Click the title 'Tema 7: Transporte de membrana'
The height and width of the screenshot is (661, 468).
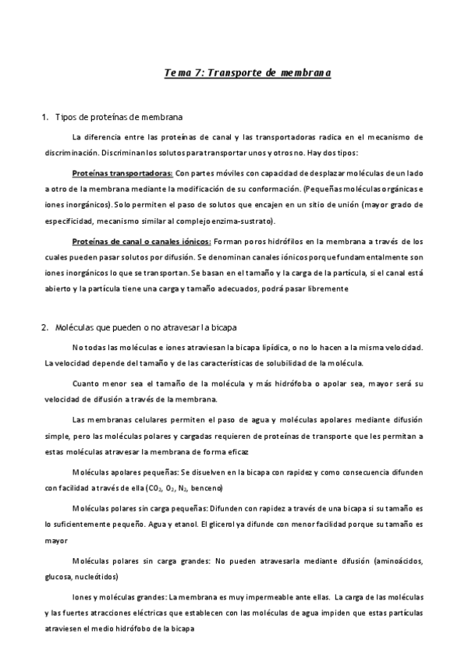click(248, 72)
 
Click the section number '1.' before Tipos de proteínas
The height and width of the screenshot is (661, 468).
click(44, 118)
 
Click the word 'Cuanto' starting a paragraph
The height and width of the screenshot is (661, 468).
click(86, 384)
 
